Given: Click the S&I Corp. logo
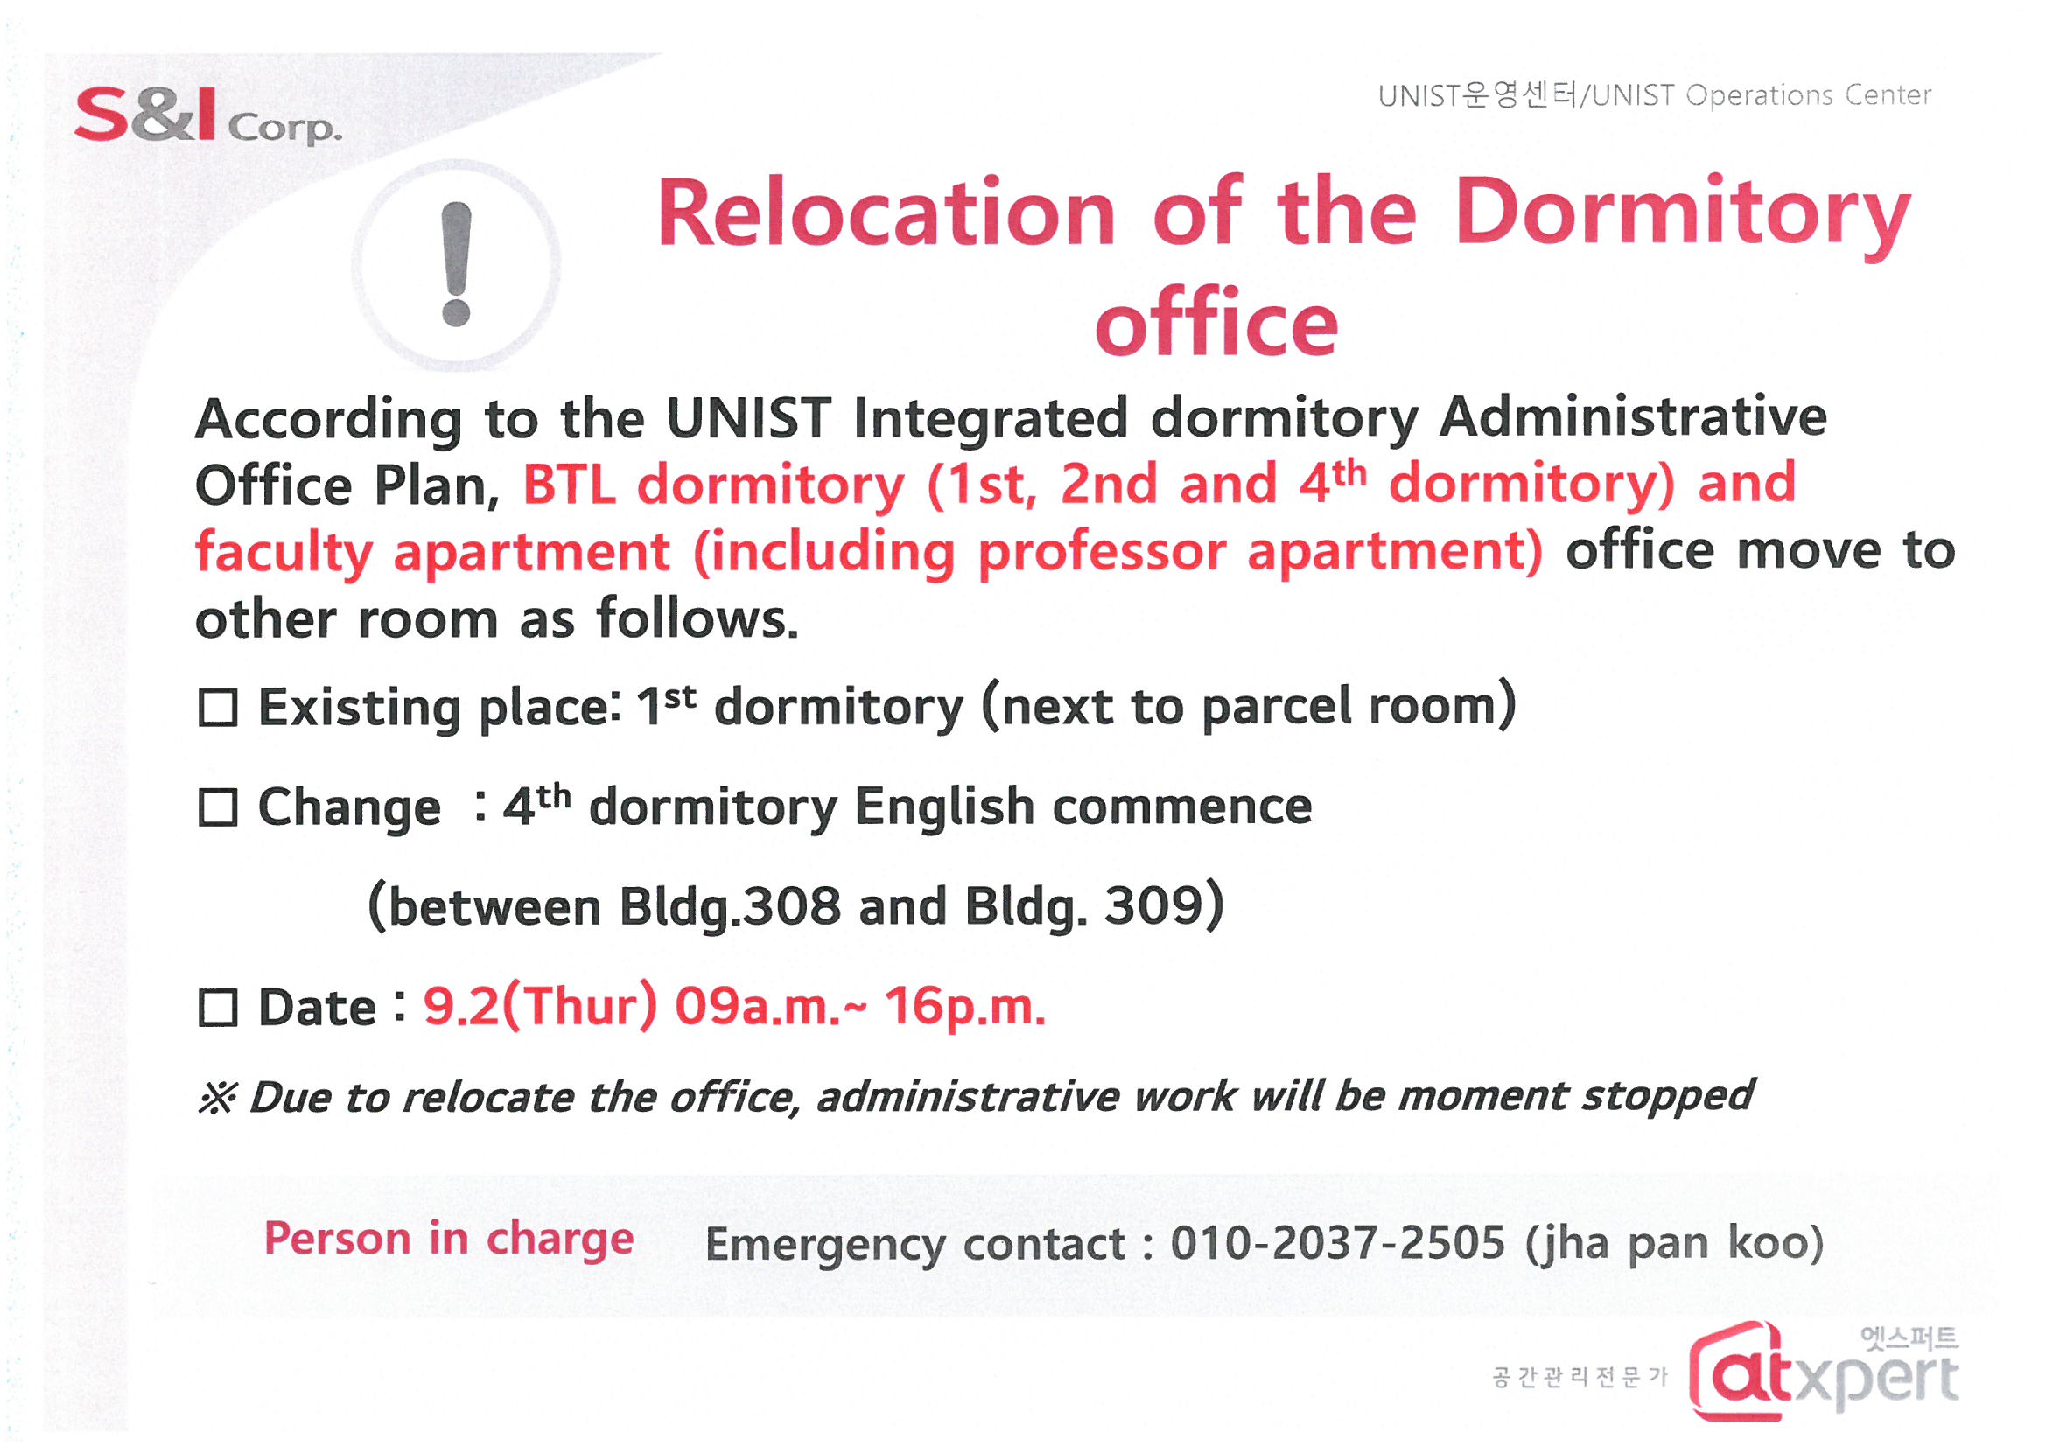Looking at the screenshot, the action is pyautogui.click(x=207, y=115).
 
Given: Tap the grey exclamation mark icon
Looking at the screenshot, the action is pyautogui.click(x=456, y=263).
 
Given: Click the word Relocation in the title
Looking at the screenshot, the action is pyautogui.click(x=886, y=213).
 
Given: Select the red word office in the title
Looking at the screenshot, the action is pyautogui.click(x=1216, y=323).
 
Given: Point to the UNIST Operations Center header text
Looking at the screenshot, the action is pyautogui.click(x=1655, y=94).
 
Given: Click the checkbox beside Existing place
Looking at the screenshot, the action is pyautogui.click(x=217, y=709).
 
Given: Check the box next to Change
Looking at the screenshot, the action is pyautogui.click(x=217, y=808).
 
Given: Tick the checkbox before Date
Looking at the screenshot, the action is pyautogui.click(x=217, y=1009).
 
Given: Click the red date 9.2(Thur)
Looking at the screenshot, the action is pyautogui.click(x=541, y=1007).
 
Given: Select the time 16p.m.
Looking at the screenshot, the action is pyautogui.click(x=965, y=1009).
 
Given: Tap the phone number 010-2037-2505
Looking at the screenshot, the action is pyautogui.click(x=1337, y=1244).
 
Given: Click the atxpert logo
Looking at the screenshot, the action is pyautogui.click(x=1824, y=1372).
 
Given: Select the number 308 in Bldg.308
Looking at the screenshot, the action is pyautogui.click(x=792, y=907).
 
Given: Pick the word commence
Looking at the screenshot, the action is pyautogui.click(x=1181, y=807).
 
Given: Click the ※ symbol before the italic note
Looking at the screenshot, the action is pyautogui.click(x=217, y=1098).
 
